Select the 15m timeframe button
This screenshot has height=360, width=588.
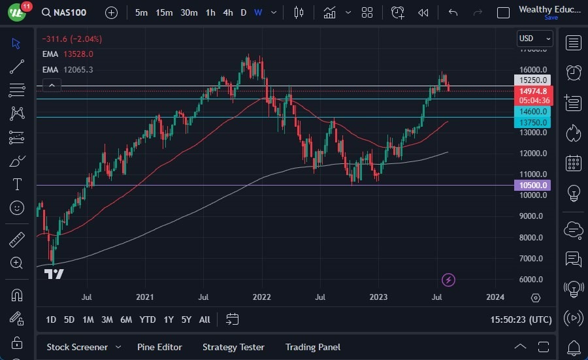(x=164, y=12)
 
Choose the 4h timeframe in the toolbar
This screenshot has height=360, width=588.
(x=227, y=12)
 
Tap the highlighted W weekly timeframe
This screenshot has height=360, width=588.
(x=258, y=12)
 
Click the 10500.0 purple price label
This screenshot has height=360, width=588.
(x=533, y=186)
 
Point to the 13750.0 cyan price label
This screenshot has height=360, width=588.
(x=533, y=122)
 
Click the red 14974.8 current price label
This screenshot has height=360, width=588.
(x=533, y=91)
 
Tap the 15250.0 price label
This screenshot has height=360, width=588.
(x=533, y=80)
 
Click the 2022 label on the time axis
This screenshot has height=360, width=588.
(x=262, y=297)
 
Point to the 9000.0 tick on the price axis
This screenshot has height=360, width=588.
(x=533, y=216)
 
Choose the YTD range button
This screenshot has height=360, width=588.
(x=148, y=319)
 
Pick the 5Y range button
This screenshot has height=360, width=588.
(x=186, y=319)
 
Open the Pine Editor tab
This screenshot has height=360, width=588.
(x=159, y=347)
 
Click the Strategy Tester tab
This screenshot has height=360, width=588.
(x=233, y=347)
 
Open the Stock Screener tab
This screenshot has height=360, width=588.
(x=76, y=347)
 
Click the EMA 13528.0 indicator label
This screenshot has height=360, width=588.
(x=67, y=54)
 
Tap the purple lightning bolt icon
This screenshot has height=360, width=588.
(x=448, y=280)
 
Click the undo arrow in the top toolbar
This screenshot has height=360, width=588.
(x=453, y=12)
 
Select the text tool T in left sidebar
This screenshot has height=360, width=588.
(x=17, y=184)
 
